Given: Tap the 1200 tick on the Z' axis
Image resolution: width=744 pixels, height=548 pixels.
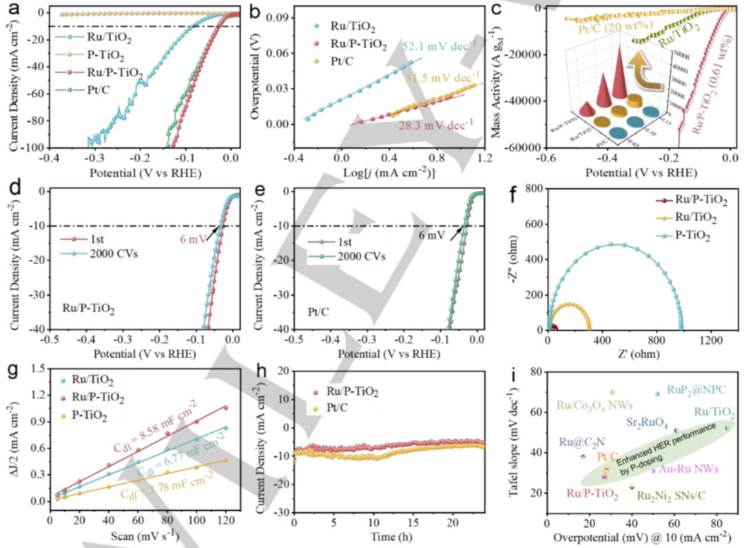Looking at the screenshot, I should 714,340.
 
